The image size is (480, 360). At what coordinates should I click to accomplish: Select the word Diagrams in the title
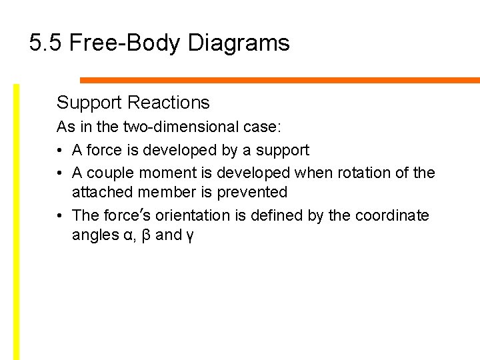click(x=239, y=43)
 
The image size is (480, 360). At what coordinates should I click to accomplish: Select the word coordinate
click(x=392, y=216)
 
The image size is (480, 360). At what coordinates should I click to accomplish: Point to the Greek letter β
click(x=145, y=235)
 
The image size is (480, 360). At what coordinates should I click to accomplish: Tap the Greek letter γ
click(x=189, y=237)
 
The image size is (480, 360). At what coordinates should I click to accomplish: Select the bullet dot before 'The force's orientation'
click(x=60, y=216)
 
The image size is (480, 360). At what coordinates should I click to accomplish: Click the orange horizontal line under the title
click(x=280, y=81)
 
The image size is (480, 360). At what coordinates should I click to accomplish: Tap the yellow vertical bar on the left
click(x=17, y=220)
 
